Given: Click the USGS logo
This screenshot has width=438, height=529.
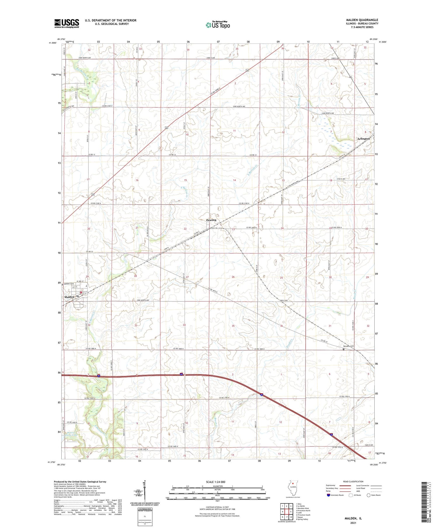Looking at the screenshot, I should point(67,23).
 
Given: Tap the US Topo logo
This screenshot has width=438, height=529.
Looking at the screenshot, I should point(218,25).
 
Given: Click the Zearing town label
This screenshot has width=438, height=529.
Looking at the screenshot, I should point(211,220).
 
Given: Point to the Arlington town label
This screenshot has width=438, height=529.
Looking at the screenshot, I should point(363,139).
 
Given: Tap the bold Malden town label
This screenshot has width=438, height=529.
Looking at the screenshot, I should point(69,297).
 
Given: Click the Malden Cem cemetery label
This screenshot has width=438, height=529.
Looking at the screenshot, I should point(69,284).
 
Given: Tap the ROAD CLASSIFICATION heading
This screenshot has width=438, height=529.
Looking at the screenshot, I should point(353,481).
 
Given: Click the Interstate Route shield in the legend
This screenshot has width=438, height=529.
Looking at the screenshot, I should point(328,495).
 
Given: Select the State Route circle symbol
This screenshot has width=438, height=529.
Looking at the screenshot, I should point(369,495).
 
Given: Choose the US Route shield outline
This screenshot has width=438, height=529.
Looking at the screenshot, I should point(350,495).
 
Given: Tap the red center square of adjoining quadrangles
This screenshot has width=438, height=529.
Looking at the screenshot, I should point(287,511).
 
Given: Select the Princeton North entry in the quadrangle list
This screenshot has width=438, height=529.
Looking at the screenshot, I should point(304,511).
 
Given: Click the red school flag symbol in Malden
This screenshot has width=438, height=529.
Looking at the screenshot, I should point(81,292).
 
